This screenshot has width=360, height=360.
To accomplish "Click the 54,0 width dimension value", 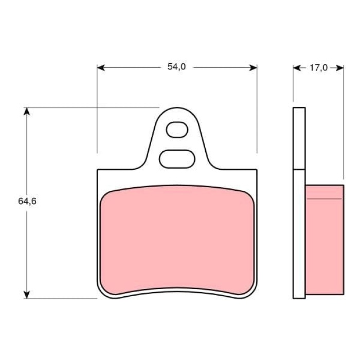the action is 176,67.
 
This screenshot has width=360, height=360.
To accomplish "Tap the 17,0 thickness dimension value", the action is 318,68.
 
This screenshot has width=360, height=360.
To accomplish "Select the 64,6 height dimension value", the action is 27,202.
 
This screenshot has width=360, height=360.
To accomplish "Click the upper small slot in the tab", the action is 177,130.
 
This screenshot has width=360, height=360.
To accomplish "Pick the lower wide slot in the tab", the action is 177,159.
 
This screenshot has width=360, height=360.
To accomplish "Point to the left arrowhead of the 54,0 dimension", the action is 101,68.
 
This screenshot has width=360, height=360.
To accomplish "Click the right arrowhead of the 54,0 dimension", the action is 253,68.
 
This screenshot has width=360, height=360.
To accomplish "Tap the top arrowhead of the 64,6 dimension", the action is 27,112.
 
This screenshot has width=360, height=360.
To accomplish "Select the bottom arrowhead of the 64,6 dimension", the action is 27,295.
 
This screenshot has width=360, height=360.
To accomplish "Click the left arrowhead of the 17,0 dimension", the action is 297,68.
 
